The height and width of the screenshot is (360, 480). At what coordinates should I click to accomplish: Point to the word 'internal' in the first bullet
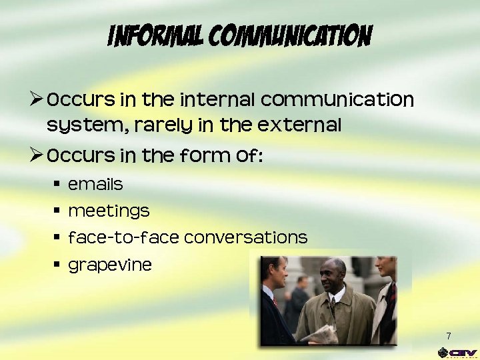218,100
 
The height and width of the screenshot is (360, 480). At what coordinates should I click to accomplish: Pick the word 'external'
299,125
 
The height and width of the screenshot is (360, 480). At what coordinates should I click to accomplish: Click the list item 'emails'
95,184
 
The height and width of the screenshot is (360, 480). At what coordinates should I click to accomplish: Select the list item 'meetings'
109,211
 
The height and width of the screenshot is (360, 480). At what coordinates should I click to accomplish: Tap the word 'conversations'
245,237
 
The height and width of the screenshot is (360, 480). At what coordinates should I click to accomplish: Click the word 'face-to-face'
124,237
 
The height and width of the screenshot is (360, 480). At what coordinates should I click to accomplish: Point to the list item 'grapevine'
110,265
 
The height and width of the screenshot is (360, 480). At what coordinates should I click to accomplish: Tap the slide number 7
449,336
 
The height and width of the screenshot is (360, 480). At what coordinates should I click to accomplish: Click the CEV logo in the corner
457,352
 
